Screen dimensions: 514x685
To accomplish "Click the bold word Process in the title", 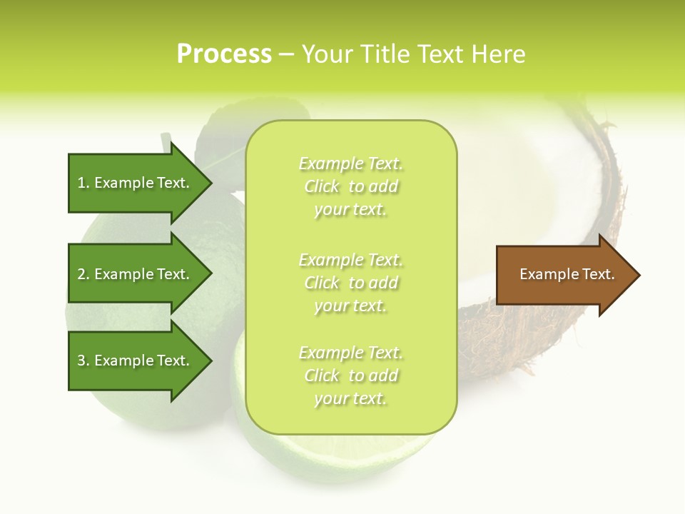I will coord(224,54).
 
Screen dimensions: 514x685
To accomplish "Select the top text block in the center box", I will coord(351,186).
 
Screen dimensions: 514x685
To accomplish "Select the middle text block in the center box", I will coord(351,283).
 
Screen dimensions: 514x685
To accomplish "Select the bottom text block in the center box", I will coord(351,376).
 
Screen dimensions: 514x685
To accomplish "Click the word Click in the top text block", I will coord(322,186).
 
